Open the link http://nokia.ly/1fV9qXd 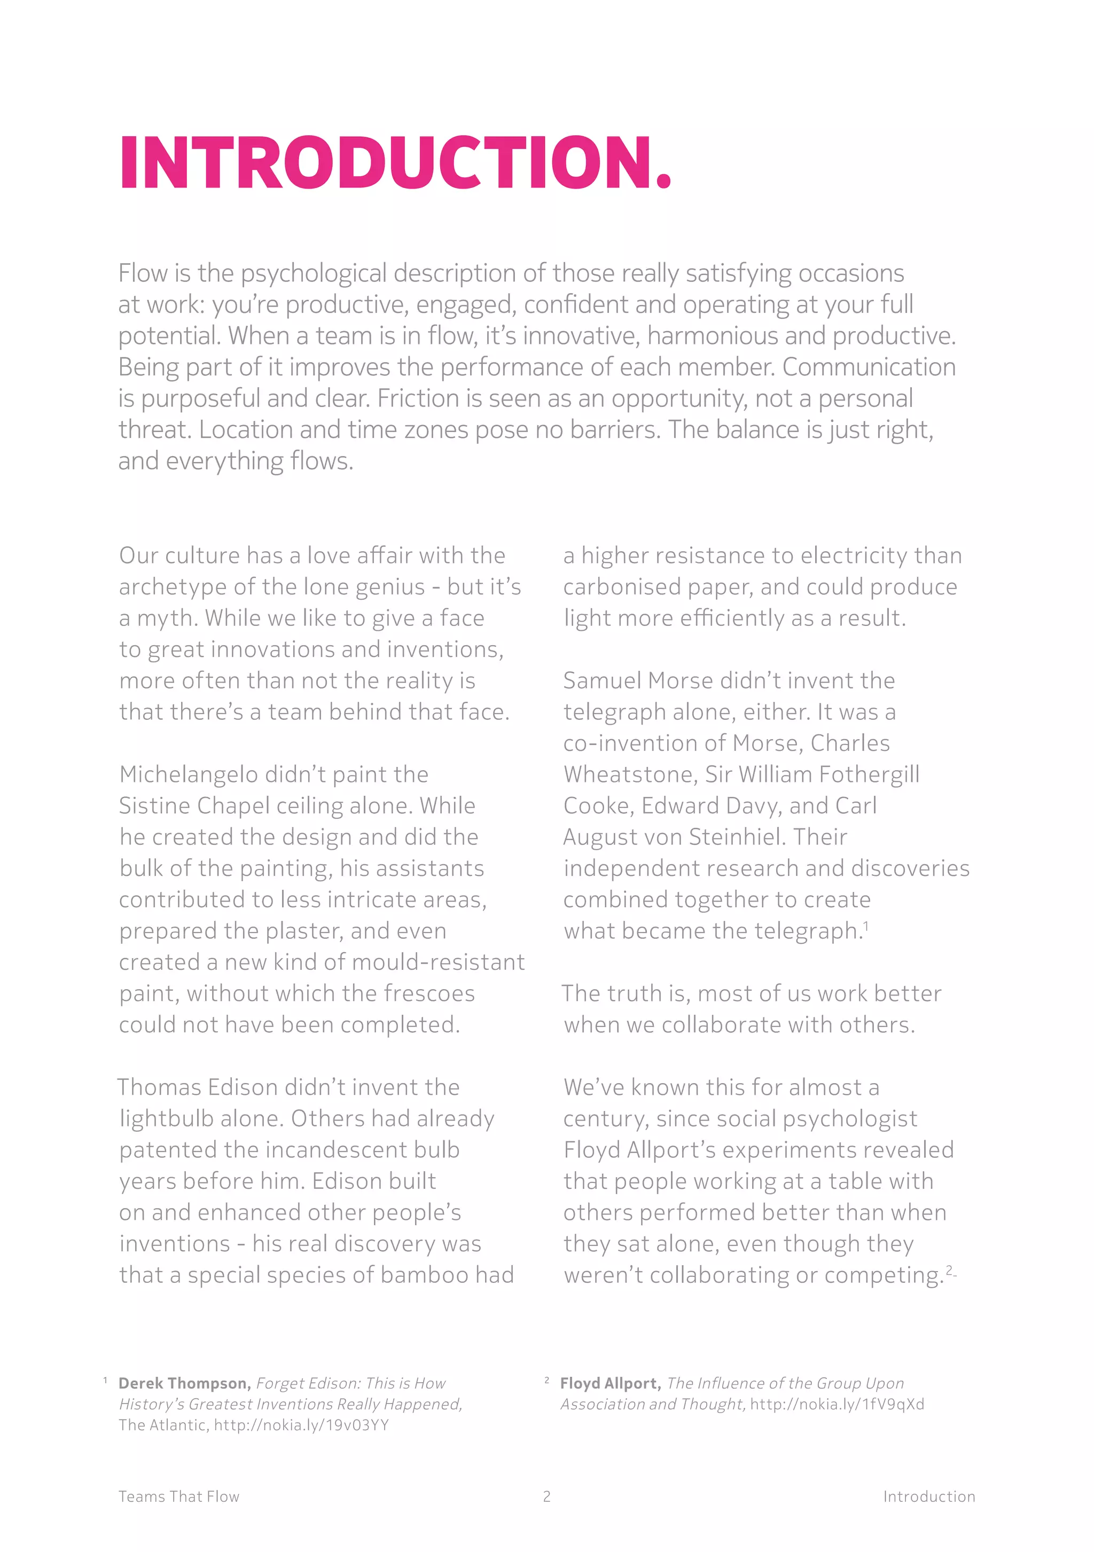[837, 1405]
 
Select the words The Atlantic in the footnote [162, 1425]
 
